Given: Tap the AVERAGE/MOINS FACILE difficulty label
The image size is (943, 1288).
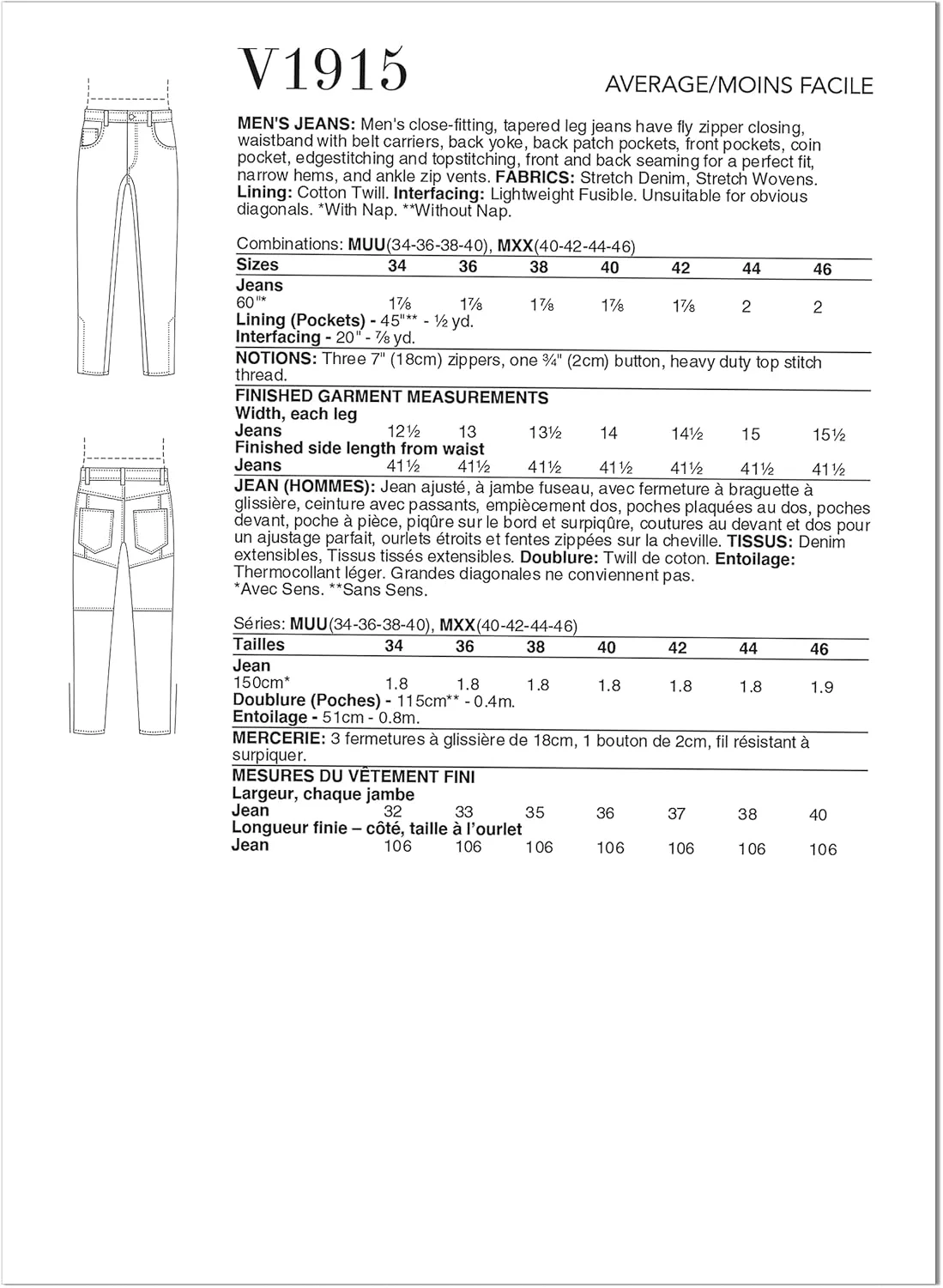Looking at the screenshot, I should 738,85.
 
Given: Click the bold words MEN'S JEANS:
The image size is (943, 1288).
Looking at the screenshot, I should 296,125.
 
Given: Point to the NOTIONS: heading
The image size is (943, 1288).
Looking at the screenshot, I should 276,358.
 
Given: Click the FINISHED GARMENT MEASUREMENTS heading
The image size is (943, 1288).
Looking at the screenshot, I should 391,397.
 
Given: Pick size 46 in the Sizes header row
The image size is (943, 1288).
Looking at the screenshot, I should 821,270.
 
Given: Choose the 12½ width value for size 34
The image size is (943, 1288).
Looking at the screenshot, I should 396,432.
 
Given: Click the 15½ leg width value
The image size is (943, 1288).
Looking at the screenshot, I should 828,435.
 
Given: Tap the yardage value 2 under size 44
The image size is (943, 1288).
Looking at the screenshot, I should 746,307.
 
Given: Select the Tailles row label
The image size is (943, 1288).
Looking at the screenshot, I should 258,644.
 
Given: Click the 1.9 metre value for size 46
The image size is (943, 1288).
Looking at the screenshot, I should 821,687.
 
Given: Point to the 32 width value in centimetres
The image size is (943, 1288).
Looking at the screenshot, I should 393,811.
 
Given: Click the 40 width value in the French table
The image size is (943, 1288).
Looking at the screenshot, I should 818,815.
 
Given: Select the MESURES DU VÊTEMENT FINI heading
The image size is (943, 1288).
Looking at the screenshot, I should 354,776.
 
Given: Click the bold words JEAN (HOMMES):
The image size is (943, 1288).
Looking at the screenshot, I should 304,486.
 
